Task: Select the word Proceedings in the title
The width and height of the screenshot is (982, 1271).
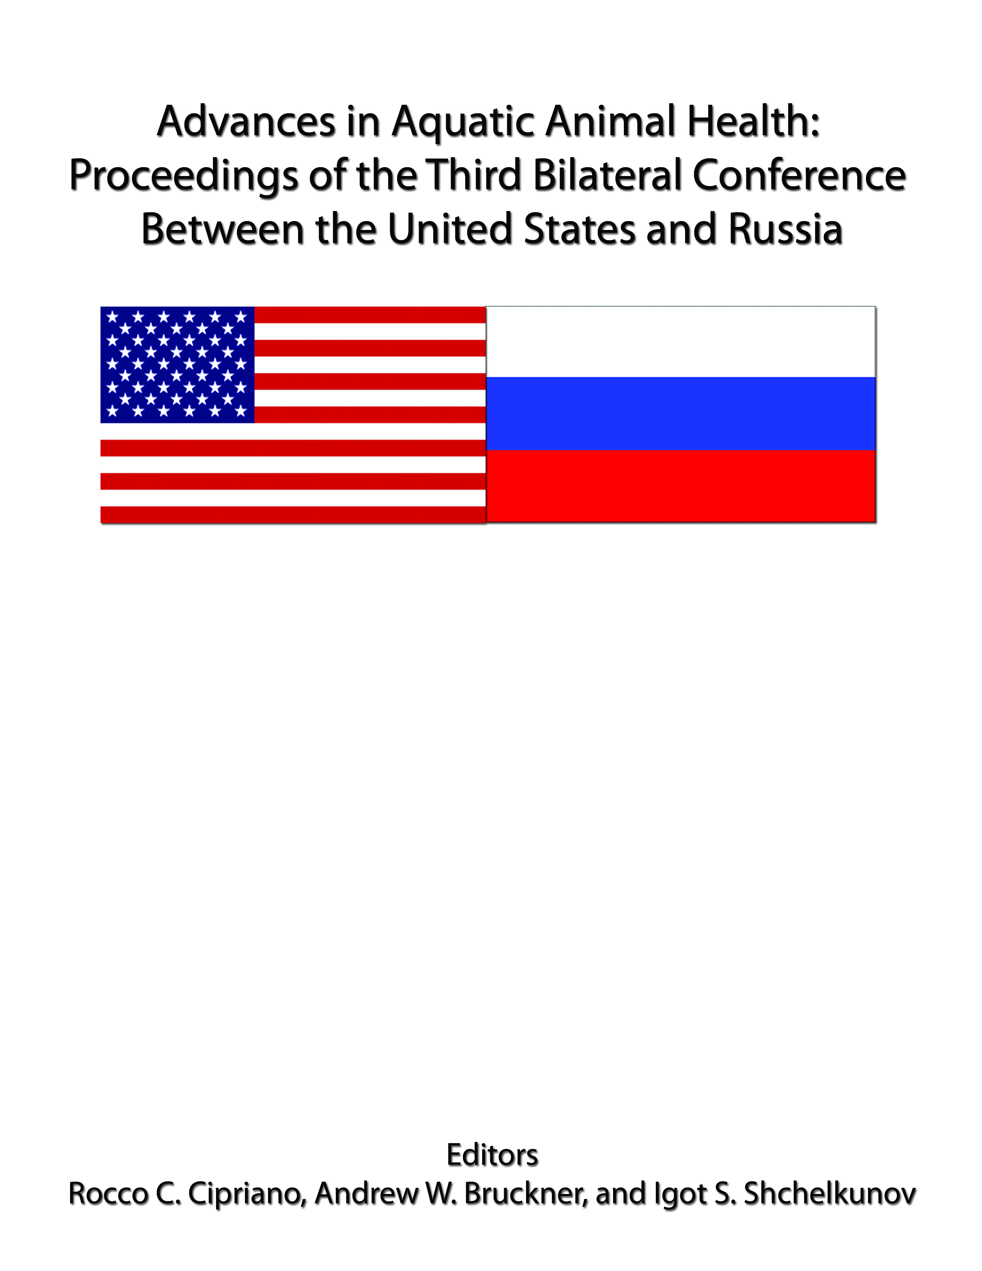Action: click(x=184, y=177)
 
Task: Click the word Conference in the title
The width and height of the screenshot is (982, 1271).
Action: click(x=799, y=174)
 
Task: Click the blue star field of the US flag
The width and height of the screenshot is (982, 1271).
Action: click(x=178, y=364)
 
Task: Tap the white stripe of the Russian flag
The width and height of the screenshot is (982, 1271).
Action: click(x=680, y=342)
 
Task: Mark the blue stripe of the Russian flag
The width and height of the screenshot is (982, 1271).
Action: click(x=680, y=413)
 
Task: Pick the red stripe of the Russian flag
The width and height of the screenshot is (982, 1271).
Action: click(x=680, y=486)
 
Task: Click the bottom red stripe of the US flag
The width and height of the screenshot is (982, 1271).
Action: click(x=293, y=515)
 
